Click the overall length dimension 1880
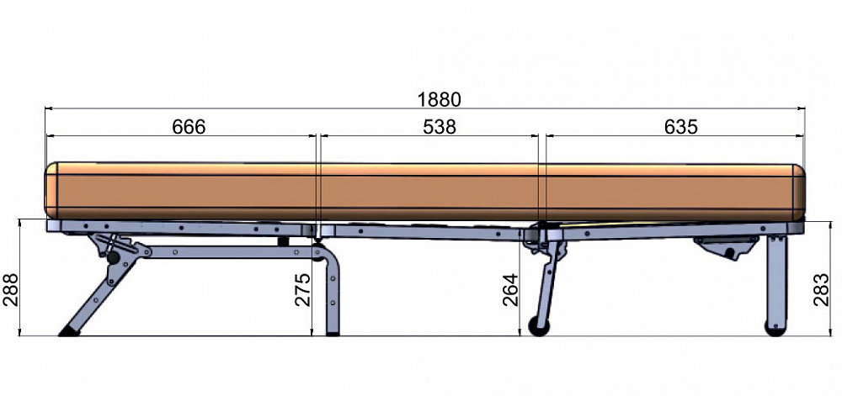pos(440,100)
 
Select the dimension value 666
pos(189,127)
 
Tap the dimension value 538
pos(440,127)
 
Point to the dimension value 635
pos(681,127)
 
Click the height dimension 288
pos(10,289)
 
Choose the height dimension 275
pos(303,289)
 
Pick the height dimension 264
pos(510,289)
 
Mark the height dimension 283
pos(822,289)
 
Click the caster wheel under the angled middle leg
pos(539,326)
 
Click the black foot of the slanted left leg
pos(69,331)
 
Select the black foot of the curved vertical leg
pos(333,334)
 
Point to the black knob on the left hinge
pos(114,258)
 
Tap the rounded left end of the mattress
pos(51,190)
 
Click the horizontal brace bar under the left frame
pos(231,252)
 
